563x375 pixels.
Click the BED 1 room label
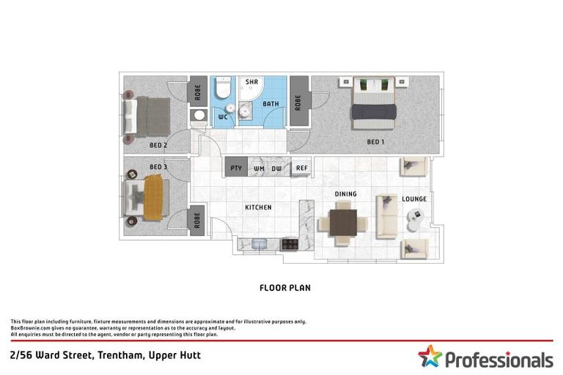tap(375, 141)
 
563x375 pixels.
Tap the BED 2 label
tap(158, 145)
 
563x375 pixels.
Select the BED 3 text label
tap(158, 166)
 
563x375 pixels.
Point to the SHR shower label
tap(252, 82)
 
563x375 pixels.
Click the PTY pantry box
tap(236, 168)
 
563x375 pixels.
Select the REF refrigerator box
tap(301, 168)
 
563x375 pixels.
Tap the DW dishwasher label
tap(276, 168)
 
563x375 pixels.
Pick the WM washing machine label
tap(258, 168)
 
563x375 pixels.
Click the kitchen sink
tap(259, 245)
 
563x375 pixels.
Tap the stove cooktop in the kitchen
tap(290, 245)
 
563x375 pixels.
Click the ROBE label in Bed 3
tap(197, 220)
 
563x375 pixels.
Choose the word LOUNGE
tap(413, 198)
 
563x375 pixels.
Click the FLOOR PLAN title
tap(285, 288)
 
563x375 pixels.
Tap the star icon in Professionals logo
tap(430, 357)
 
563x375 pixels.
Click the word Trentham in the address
tap(109, 355)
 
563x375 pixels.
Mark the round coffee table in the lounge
tap(415, 215)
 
